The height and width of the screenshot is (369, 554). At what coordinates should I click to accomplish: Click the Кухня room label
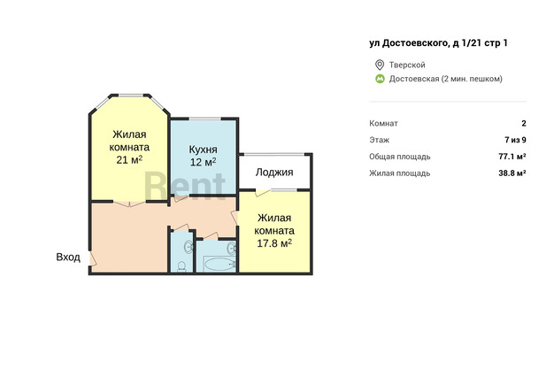(x=203, y=150)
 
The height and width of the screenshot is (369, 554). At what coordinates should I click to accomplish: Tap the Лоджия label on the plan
(x=274, y=173)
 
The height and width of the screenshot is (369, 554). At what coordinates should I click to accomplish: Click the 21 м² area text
(x=129, y=160)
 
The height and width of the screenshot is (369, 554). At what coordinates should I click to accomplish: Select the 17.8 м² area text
(x=274, y=243)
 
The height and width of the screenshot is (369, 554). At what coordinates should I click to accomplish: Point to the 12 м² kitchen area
(x=204, y=162)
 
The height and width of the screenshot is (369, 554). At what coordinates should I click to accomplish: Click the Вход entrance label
(x=68, y=257)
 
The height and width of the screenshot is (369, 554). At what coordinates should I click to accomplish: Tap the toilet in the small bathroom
(x=181, y=266)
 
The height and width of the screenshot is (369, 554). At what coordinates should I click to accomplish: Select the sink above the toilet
(x=189, y=246)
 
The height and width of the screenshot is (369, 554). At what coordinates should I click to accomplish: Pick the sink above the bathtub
(x=231, y=248)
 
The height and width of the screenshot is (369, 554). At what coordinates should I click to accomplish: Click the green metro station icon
(x=380, y=79)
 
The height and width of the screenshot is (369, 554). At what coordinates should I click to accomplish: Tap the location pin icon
(x=380, y=65)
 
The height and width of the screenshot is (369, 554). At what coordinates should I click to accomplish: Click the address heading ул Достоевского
(x=438, y=43)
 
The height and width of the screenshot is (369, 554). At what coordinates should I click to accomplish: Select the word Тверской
(x=407, y=65)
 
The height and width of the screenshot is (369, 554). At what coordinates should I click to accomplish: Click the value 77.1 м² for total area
(x=512, y=157)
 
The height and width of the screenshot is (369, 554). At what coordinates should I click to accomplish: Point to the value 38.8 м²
(x=512, y=173)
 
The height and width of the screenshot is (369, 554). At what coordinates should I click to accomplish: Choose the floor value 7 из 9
(x=515, y=140)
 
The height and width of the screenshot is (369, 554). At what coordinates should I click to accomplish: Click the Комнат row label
(x=383, y=123)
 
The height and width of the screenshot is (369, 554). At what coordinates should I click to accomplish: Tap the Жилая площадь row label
(x=400, y=173)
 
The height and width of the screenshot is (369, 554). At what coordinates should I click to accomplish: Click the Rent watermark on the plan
(x=185, y=186)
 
